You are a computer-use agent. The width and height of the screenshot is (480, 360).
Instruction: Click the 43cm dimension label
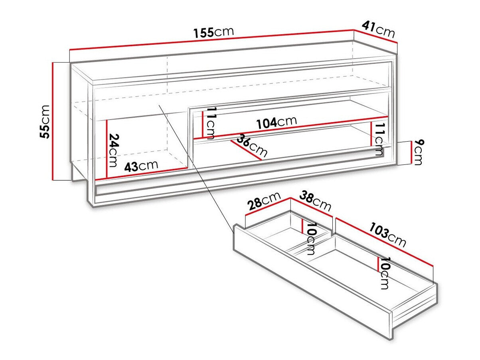pos(141,166)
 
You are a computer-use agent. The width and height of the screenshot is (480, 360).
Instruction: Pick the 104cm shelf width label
pos(277,123)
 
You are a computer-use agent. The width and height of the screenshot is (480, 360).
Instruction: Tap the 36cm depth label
pos(252,146)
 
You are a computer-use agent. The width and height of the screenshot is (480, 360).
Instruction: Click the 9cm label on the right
pos(419,152)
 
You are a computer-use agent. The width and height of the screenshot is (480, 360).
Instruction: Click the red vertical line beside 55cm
pos(53,121)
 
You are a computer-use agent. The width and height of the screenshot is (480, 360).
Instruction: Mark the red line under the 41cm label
pos(376,36)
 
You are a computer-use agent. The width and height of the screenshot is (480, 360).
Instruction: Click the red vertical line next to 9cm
pos(411,152)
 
